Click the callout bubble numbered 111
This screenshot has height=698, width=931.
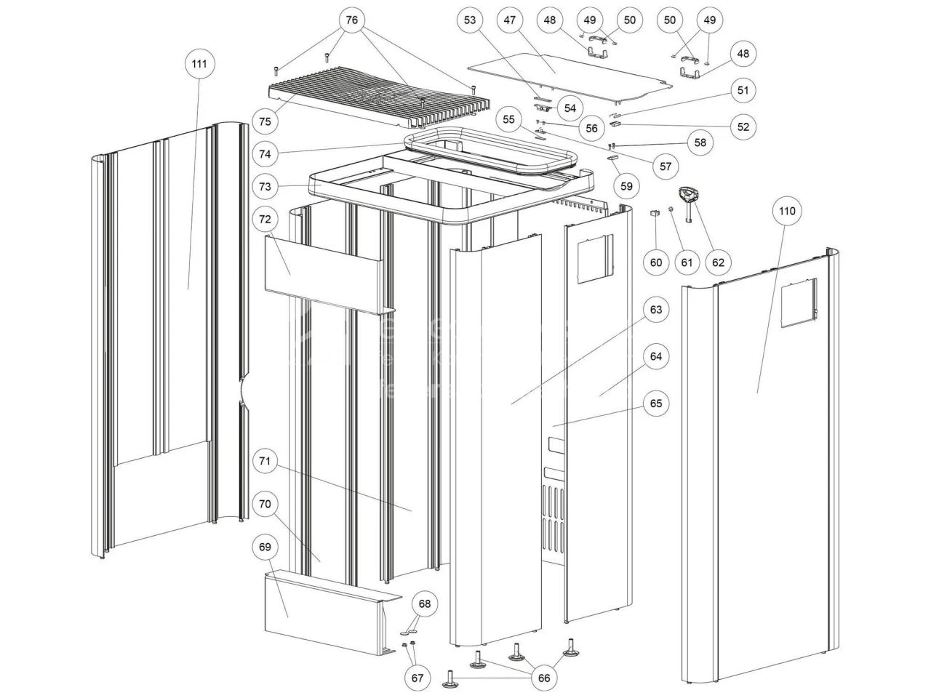point(199,64)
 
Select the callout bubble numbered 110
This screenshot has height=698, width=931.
point(787,212)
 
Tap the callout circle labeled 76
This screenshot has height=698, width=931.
point(352,20)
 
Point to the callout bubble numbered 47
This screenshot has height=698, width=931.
point(509,20)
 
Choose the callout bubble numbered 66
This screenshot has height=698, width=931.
point(543,678)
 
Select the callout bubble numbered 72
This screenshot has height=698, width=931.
point(265,218)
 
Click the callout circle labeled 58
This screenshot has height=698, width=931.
point(700,143)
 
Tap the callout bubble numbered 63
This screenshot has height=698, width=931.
point(656,310)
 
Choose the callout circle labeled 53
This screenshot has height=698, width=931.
point(471,20)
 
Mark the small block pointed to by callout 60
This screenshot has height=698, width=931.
point(653,213)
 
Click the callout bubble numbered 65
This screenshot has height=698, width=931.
point(656,404)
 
